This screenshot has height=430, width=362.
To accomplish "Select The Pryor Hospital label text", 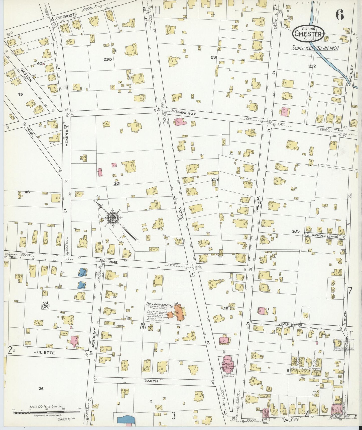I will (x=160, y=304).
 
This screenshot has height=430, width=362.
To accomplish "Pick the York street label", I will (x=181, y=213).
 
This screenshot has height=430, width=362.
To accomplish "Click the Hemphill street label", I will (x=67, y=134).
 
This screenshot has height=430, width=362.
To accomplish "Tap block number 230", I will (x=107, y=60).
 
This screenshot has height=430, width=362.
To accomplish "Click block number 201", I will (x=117, y=183).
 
